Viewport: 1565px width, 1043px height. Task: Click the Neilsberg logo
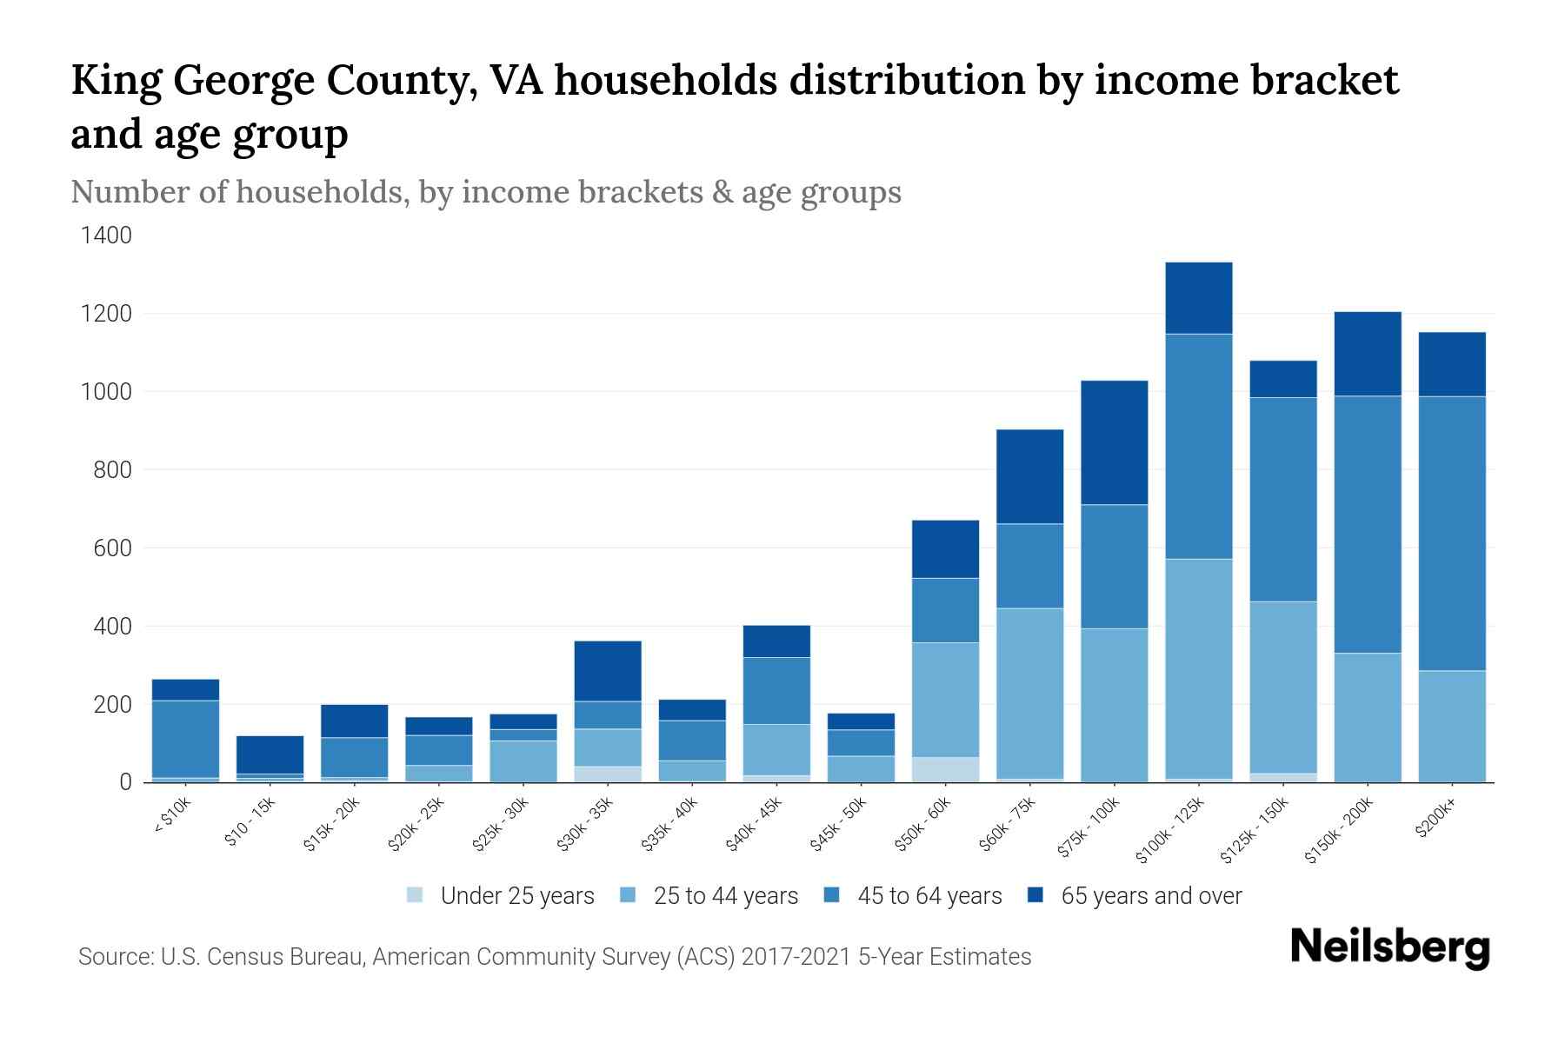1389,947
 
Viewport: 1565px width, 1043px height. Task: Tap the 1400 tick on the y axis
106,236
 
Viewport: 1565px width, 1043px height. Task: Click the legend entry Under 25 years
516,896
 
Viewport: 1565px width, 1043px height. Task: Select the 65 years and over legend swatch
1036,895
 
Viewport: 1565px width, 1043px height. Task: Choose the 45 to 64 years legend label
929,896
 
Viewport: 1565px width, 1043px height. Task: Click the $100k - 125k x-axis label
1170,834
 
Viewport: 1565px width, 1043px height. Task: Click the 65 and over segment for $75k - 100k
1114,442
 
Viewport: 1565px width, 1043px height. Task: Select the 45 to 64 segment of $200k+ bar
1451,533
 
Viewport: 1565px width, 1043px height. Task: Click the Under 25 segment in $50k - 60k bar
945,769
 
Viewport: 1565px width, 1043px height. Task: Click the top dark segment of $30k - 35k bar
608,671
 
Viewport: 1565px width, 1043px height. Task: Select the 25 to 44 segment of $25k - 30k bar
523,761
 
